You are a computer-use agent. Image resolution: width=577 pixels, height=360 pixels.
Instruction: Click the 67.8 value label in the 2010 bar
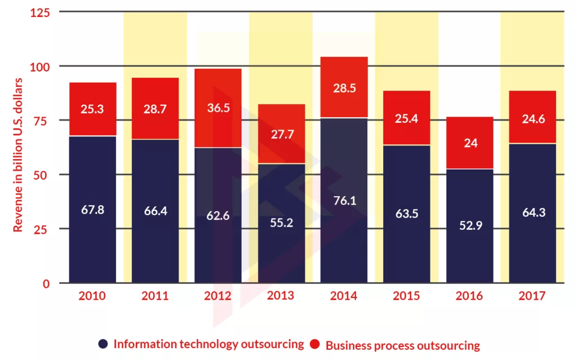coord(92,210)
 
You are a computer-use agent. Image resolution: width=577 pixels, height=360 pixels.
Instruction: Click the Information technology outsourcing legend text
coord(208,344)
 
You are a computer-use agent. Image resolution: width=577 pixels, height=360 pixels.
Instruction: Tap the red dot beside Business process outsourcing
coord(315,344)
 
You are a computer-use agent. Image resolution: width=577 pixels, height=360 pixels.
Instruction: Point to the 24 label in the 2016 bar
coord(470,143)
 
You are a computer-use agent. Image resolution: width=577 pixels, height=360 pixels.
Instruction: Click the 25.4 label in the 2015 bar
coord(407,119)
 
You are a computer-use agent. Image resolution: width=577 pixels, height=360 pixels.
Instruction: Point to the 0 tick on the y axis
coord(47,283)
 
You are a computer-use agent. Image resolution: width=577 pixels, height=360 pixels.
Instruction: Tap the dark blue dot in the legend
coord(103,344)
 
